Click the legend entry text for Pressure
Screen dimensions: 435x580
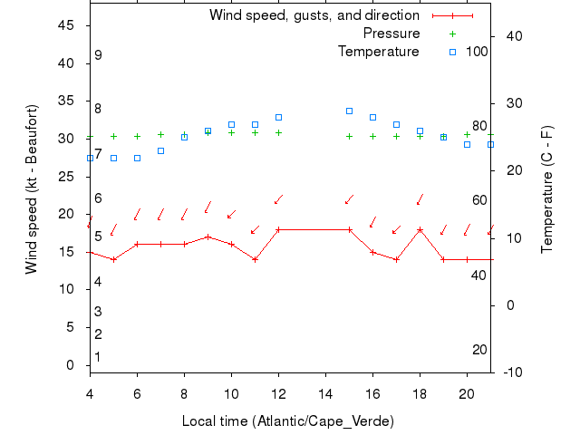pyautogui.click(x=391, y=34)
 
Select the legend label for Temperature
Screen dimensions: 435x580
pyautogui.click(x=379, y=52)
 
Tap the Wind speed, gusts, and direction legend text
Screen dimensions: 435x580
pyautogui.click(x=314, y=15)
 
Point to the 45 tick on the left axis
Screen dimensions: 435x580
pyautogui.click(x=66, y=25)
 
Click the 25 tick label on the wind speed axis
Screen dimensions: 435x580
pyautogui.click(x=66, y=177)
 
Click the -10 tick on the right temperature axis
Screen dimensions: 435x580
pyautogui.click(x=510, y=372)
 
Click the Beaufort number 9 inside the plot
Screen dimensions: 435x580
pyautogui.click(x=98, y=55)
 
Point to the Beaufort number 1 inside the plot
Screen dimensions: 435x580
pyautogui.click(x=98, y=357)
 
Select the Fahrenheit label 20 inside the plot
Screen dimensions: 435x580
pyautogui.click(x=479, y=350)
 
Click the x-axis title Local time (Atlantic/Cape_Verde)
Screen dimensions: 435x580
pyautogui.click(x=288, y=421)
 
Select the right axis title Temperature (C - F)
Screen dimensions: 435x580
pyautogui.click(x=547, y=190)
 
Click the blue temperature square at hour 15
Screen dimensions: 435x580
pyautogui.click(x=349, y=111)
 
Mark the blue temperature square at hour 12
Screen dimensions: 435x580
pyautogui.click(x=278, y=117)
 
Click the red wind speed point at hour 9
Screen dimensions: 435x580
pyautogui.click(x=208, y=237)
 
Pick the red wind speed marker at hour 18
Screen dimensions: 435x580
pyautogui.click(x=420, y=229)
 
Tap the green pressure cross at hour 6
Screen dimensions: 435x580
pyautogui.click(x=137, y=136)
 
